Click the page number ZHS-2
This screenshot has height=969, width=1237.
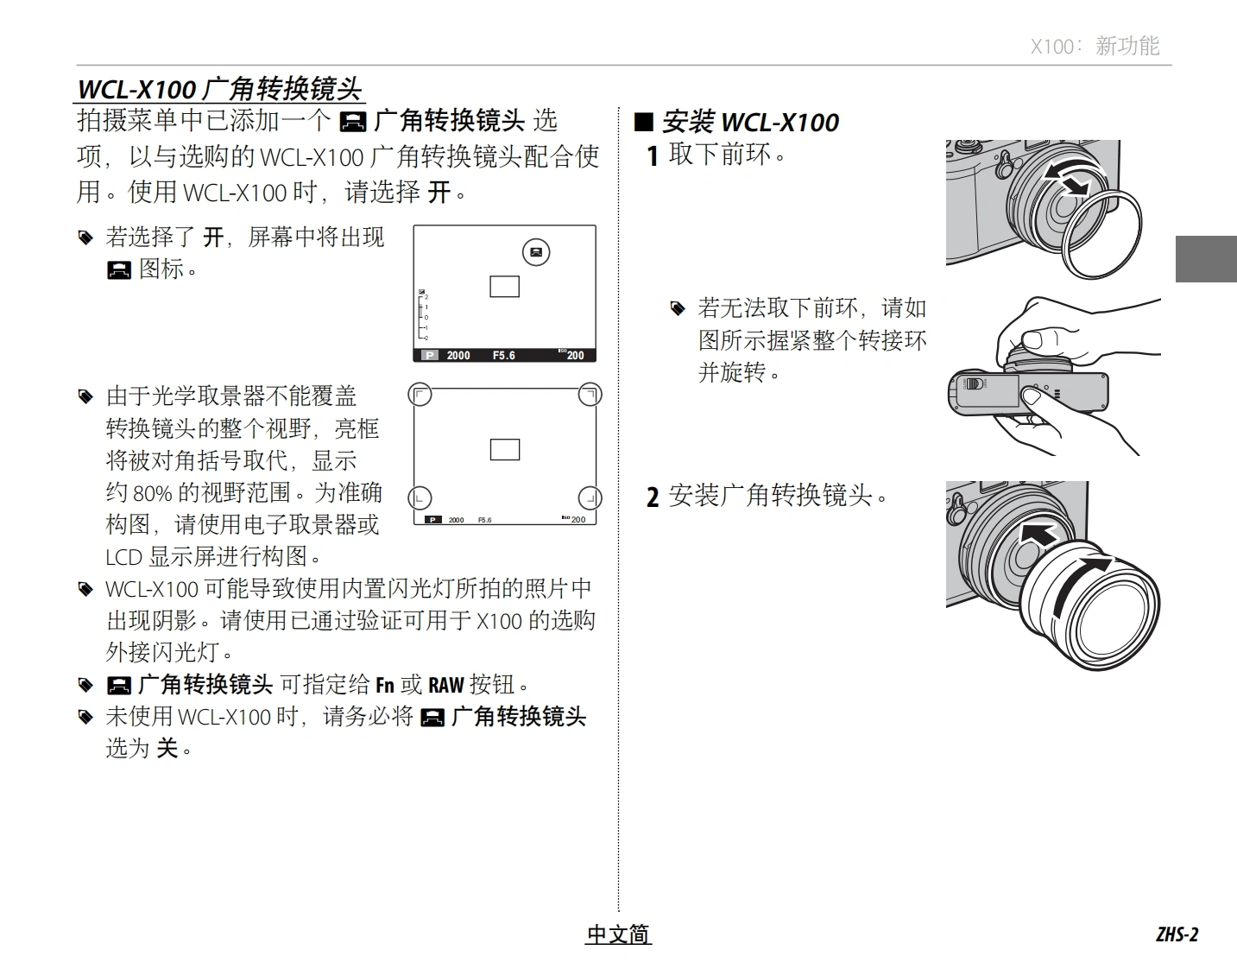click(1177, 934)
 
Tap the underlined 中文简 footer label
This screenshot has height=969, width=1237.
click(618, 934)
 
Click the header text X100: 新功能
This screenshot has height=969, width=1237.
click(1095, 46)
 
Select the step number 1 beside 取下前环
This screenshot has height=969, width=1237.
click(653, 156)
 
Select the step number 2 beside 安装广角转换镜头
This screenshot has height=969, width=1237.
click(653, 497)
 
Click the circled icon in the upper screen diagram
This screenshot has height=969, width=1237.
click(536, 252)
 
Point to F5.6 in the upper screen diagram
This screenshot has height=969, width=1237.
click(504, 356)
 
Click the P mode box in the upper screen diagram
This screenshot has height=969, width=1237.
click(430, 356)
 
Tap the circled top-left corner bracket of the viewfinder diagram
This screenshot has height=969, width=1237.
click(420, 395)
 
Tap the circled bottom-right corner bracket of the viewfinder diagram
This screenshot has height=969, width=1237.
click(590, 498)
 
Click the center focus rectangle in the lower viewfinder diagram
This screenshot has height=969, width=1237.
click(505, 450)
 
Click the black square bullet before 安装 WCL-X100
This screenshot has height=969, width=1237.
click(644, 123)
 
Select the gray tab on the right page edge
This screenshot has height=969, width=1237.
click(1206, 259)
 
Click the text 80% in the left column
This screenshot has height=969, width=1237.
click(152, 493)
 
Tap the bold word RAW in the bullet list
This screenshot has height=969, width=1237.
click(445, 685)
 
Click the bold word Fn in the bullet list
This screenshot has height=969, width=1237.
click(385, 685)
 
